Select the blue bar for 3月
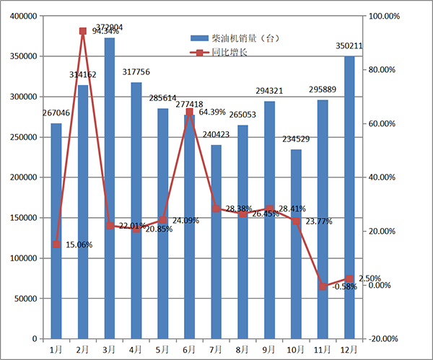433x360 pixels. pyautogui.click(x=109, y=188)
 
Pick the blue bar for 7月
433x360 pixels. pyautogui.click(x=216, y=242)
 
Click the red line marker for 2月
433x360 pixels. pyautogui.click(x=82, y=31)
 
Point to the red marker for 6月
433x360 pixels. pyautogui.click(x=189, y=112)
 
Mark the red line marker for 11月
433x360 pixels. pyautogui.click(x=323, y=286)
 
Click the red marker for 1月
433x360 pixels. pyautogui.click(x=56, y=245)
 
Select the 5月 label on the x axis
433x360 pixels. pyautogui.click(x=162, y=349)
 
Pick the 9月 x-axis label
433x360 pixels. pyautogui.click(x=269, y=349)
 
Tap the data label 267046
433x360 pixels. pyautogui.click(x=56, y=113)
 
